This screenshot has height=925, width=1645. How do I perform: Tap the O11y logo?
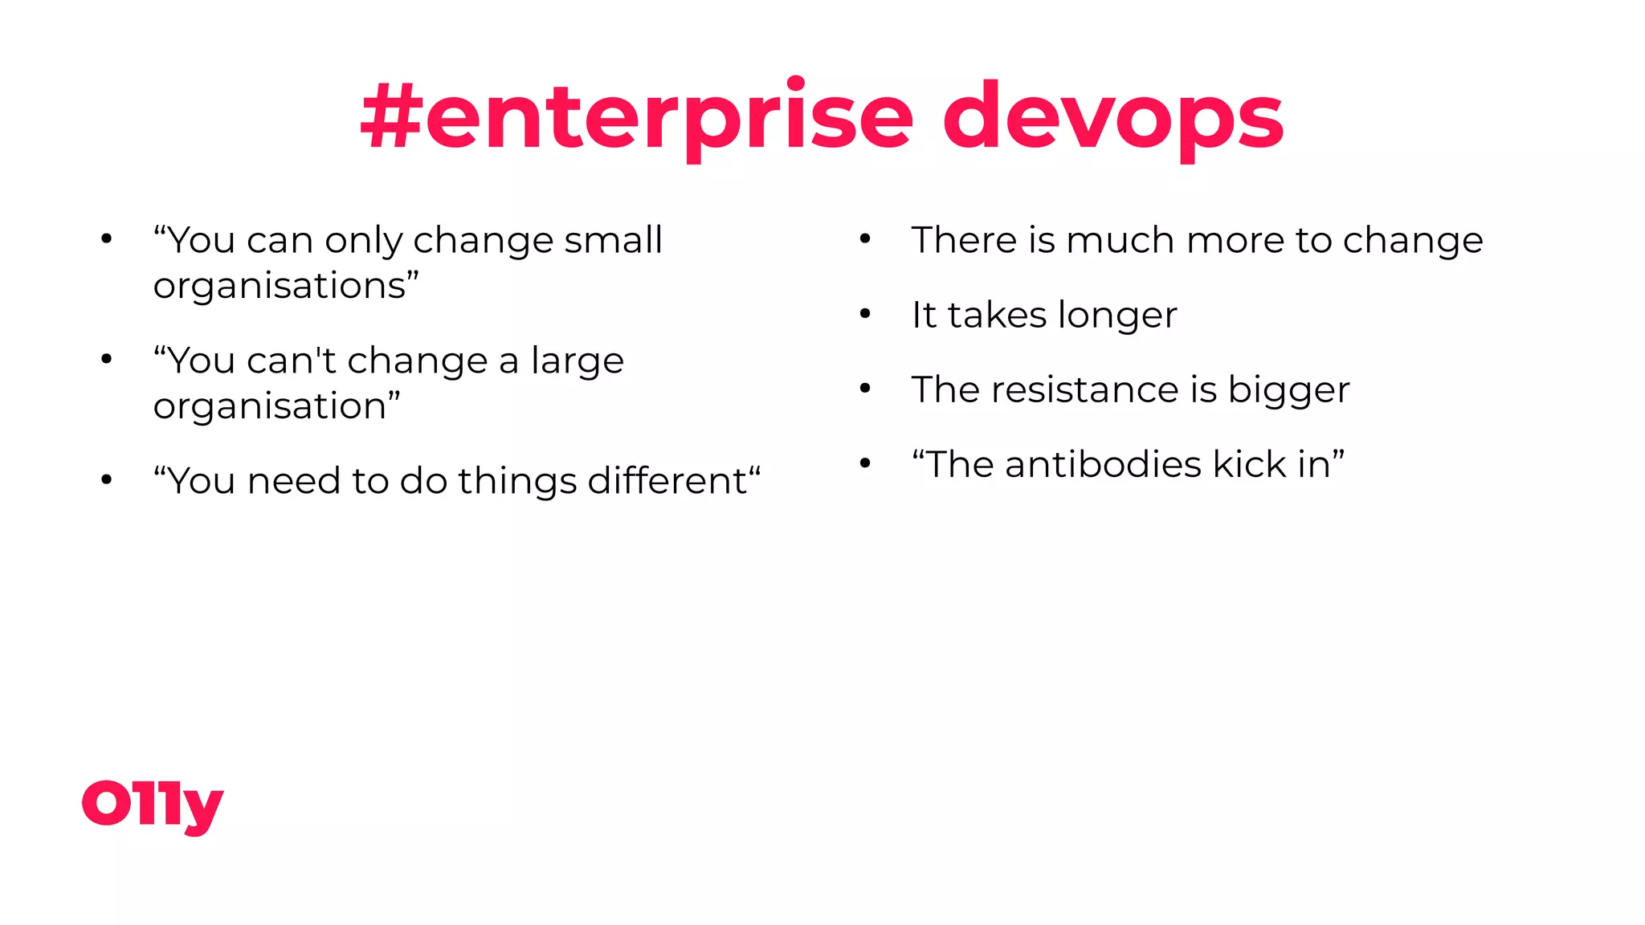(x=153, y=805)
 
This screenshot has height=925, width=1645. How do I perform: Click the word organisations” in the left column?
(x=286, y=286)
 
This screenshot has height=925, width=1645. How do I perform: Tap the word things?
(x=516, y=482)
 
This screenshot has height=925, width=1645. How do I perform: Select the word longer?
(x=1117, y=316)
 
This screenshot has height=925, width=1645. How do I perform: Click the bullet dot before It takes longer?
(x=865, y=314)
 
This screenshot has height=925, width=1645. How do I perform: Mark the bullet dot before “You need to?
(x=106, y=480)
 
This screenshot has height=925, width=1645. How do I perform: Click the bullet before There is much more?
(x=865, y=238)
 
